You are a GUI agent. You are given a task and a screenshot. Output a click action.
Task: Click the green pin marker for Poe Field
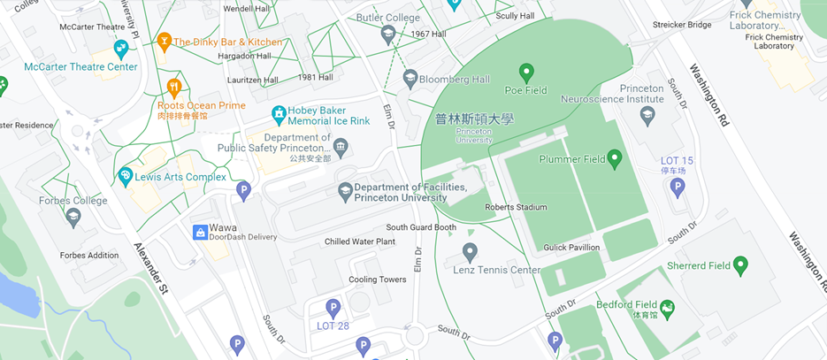[526, 72]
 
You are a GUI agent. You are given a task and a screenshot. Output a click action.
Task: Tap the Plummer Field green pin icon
[615, 158]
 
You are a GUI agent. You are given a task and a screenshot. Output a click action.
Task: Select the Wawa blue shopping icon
[201, 232]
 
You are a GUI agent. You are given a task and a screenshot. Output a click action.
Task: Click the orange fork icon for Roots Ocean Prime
[174, 88]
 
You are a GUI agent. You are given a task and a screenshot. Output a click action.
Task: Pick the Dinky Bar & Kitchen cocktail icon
[164, 42]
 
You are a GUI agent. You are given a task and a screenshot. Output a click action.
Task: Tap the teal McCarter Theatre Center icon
[121, 49]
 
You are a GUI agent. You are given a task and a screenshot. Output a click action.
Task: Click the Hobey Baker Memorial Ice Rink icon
[279, 115]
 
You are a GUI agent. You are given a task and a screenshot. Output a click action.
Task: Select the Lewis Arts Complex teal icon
[126, 176]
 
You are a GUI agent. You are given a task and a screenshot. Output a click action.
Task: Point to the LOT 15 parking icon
[678, 187]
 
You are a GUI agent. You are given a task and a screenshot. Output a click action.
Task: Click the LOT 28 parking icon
[333, 308]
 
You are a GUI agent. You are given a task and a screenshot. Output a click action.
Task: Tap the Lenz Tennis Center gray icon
[470, 252]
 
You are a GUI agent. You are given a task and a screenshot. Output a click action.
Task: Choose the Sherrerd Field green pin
[741, 264]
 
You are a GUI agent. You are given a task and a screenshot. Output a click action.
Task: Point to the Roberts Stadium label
[516, 208]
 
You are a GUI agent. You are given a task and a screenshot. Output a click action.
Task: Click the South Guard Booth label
[421, 227]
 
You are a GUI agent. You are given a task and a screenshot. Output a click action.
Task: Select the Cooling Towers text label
[377, 280]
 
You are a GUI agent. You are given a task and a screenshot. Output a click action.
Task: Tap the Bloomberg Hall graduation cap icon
[410, 80]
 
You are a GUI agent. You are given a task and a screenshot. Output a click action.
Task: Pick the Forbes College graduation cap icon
[73, 216]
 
